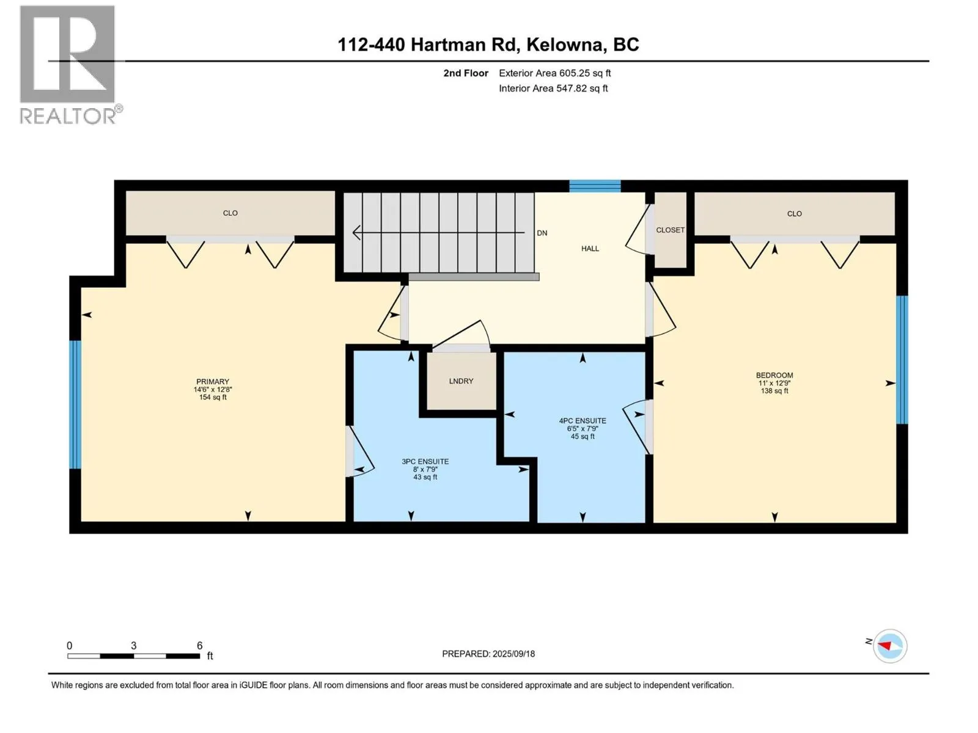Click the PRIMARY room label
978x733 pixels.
click(213, 381)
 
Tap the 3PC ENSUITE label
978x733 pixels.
click(425, 462)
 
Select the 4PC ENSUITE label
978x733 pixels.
click(583, 421)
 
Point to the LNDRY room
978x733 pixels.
click(461, 381)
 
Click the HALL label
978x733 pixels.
click(590, 249)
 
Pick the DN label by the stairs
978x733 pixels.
click(542, 233)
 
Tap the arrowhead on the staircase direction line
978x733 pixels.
click(356, 232)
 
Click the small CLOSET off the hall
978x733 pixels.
click(670, 230)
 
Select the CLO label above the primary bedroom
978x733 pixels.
click(230, 213)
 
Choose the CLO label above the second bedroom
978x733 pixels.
click(794, 214)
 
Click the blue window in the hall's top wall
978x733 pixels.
click(595, 186)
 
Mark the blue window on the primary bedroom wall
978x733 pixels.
click(75, 404)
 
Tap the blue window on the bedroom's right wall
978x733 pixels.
click(902, 360)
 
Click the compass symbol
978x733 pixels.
click(889, 646)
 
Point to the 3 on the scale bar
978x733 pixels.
click(133, 645)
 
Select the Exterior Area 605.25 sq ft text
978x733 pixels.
click(555, 73)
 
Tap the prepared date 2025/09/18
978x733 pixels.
click(513, 654)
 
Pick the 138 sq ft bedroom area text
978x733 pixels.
click(774, 391)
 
